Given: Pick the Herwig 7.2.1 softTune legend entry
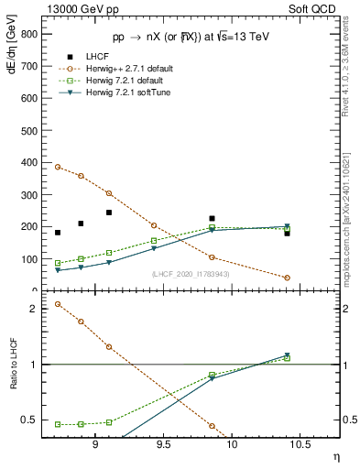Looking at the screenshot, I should pyautogui.click(x=127, y=93).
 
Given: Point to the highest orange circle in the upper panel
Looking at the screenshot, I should pyautogui.click(x=58, y=167).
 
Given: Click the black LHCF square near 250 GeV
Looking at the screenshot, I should pyautogui.click(x=109, y=213).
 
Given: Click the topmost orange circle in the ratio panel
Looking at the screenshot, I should pyautogui.click(x=58, y=304).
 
